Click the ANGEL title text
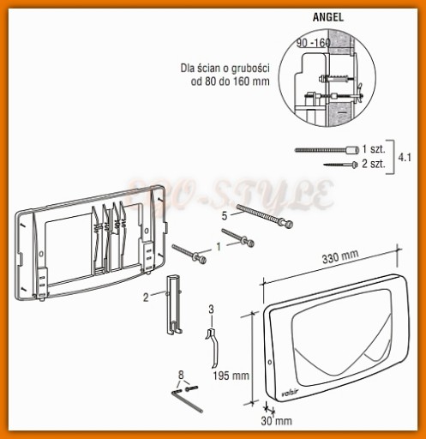coord(328,17)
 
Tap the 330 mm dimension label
coord(340,256)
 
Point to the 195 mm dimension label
coord(231,376)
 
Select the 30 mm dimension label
coord(276,421)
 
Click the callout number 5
coord(225,216)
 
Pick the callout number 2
coord(146,298)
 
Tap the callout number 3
coord(211,309)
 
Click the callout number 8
coord(181,375)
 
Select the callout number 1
coord(219,246)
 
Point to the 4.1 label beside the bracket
coord(405,157)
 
